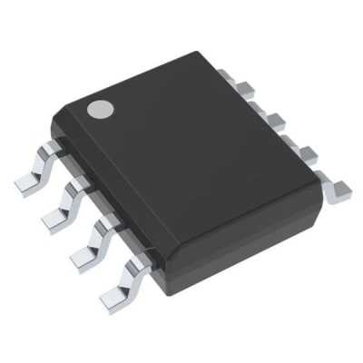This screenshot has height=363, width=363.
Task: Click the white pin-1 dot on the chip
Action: tap(98, 110)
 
